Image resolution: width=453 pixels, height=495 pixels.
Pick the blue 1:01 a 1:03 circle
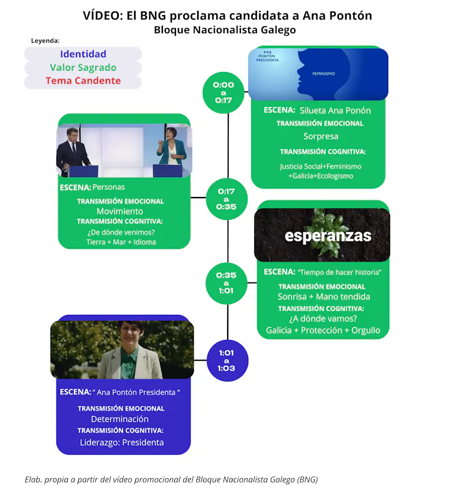[x=227, y=360]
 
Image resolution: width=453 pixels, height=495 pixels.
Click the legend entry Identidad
[x=83, y=54]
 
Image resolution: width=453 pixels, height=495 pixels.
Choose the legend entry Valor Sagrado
[x=83, y=67]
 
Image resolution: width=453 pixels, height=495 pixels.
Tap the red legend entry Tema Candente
[x=83, y=80]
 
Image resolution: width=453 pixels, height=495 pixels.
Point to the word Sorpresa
[x=320, y=136]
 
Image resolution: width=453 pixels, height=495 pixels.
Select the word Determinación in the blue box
[x=120, y=419]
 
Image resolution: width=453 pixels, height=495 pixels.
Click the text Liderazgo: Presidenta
[x=121, y=443]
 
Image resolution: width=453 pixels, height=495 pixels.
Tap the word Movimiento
[x=120, y=211]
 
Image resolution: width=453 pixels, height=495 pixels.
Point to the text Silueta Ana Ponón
[x=335, y=111]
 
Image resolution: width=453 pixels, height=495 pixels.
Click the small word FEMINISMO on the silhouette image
[x=323, y=74]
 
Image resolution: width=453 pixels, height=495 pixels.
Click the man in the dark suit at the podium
[x=73, y=151]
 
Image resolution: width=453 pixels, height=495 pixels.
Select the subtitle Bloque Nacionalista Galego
[x=225, y=29]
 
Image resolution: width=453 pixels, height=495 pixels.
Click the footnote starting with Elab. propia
[x=171, y=479]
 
